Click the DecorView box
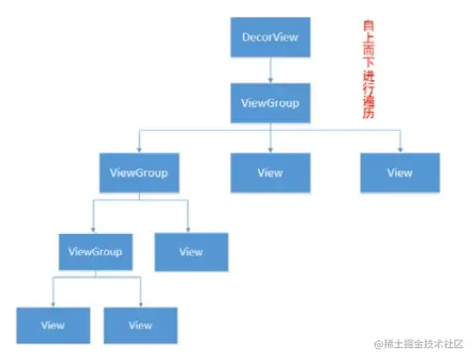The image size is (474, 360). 270,37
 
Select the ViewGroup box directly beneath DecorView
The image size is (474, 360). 270,102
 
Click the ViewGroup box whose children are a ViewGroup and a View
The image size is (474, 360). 139,173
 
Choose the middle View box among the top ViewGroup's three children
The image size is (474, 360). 270,173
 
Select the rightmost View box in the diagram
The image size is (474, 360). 400,173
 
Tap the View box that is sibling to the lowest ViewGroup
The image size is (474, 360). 191,252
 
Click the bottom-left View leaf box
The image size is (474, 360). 54,325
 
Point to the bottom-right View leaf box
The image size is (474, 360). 141,325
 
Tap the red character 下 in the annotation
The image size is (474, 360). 369,60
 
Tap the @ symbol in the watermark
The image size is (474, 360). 379,343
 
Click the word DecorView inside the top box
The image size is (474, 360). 270,37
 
